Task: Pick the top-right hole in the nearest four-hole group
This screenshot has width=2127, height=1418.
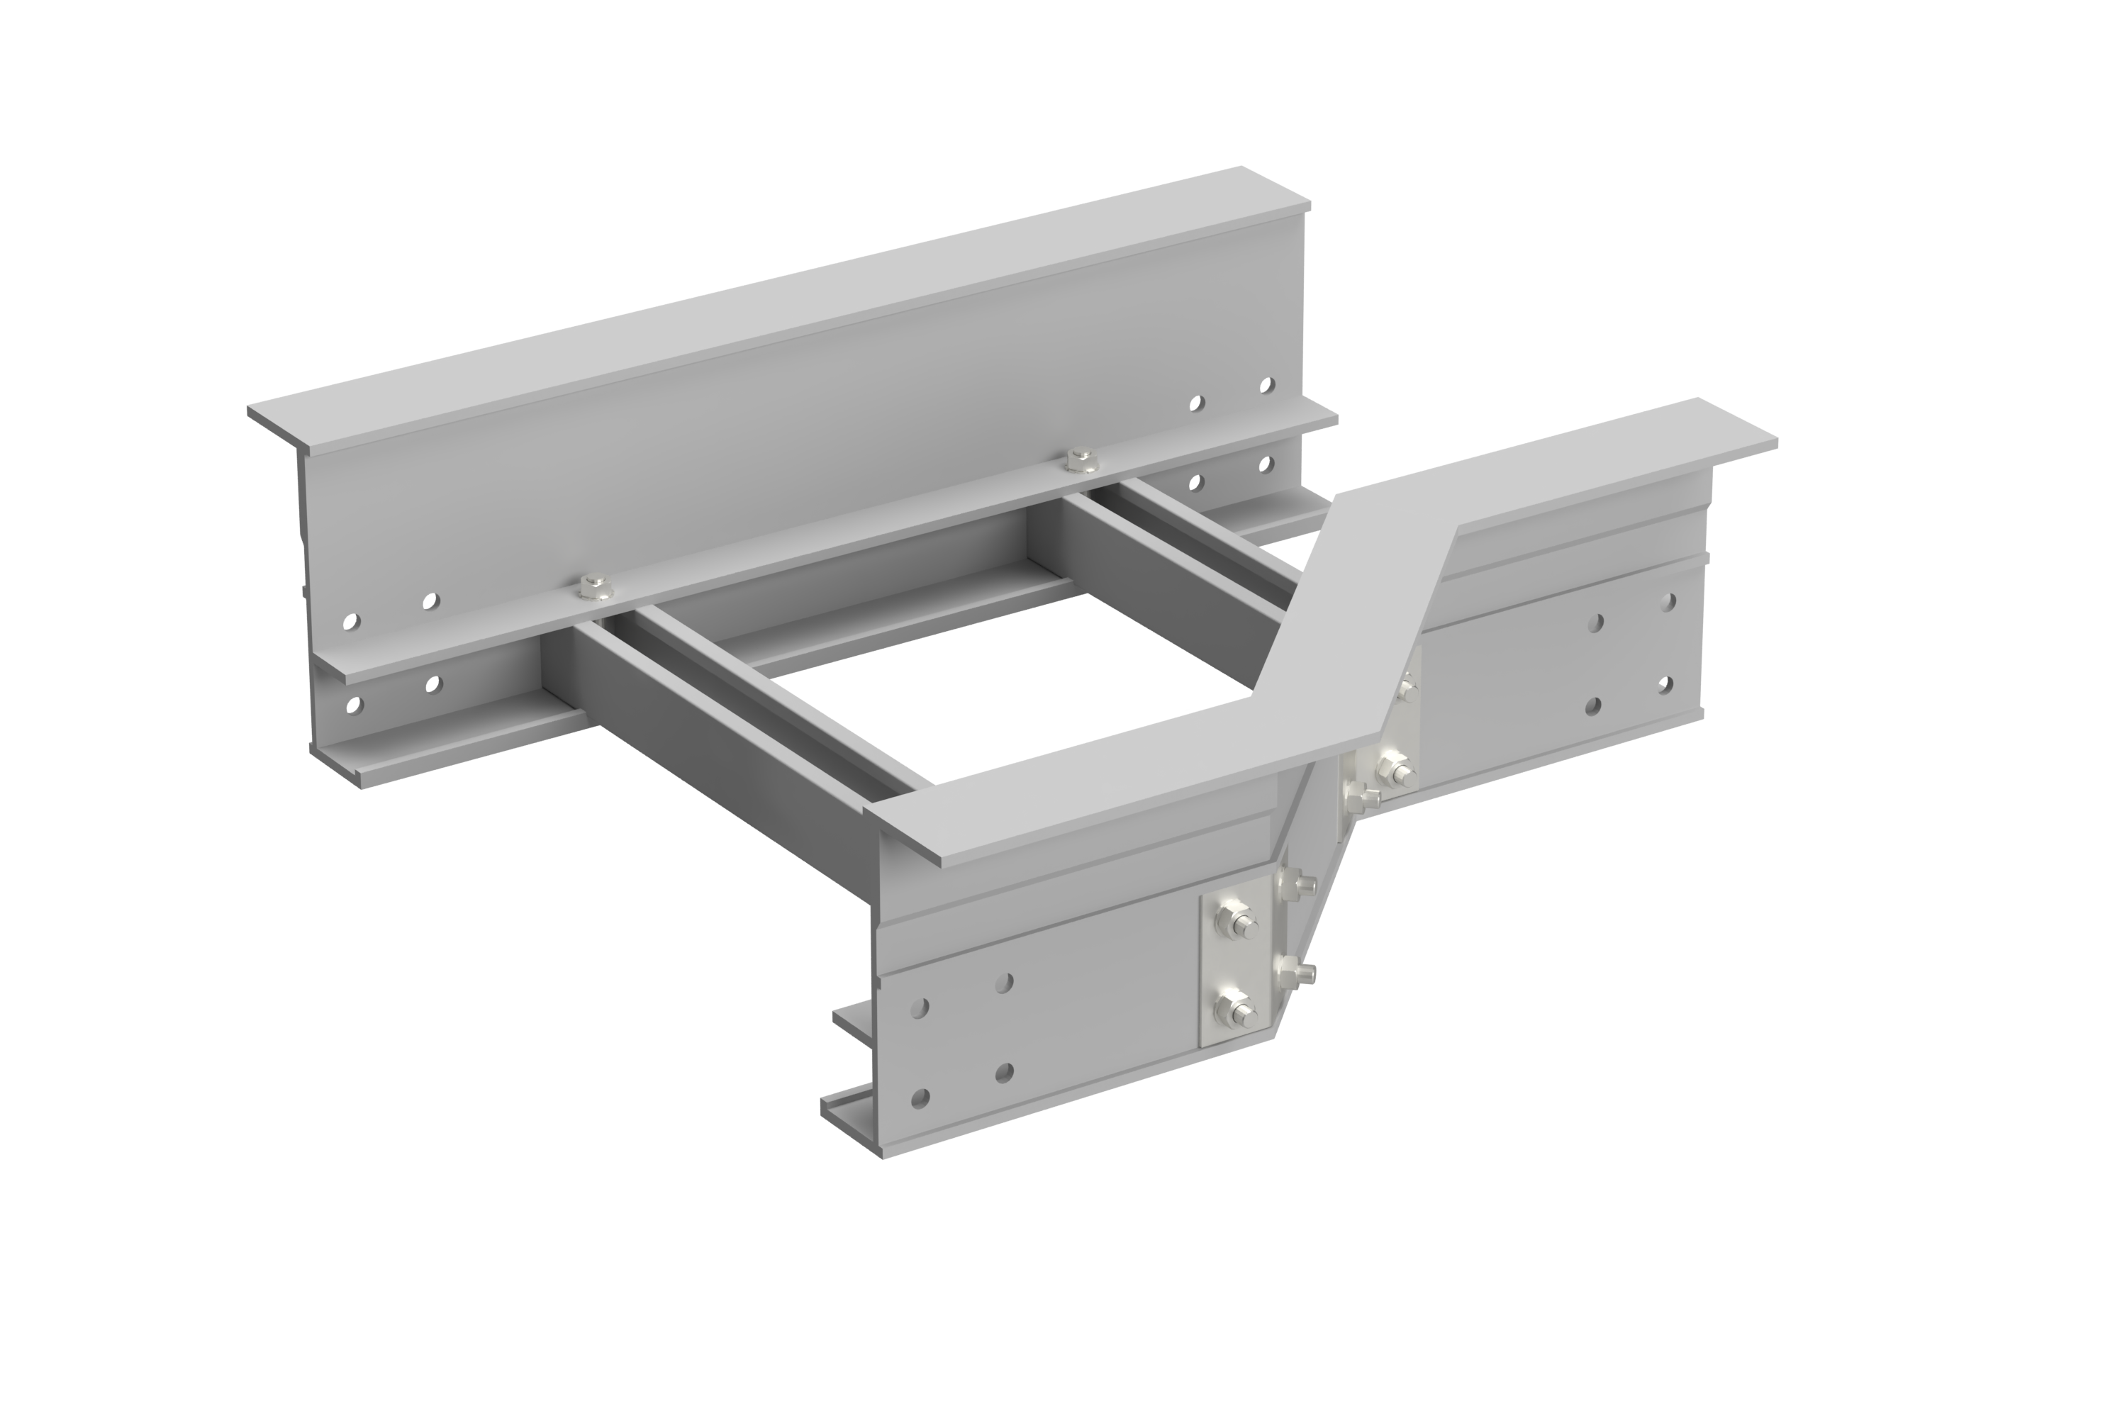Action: pyautogui.click(x=1004, y=981)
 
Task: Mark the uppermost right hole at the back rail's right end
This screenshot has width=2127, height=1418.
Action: pyautogui.click(x=1267, y=386)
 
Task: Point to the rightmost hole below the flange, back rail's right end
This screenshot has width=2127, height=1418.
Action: pyautogui.click(x=1267, y=464)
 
